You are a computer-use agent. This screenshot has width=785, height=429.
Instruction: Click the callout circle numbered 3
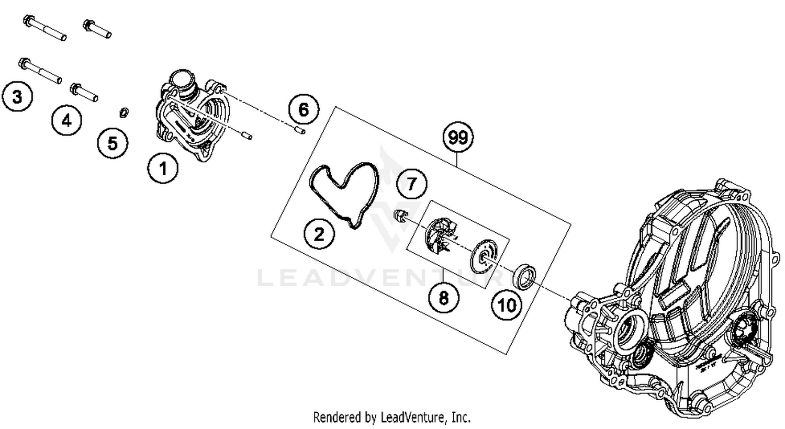[17, 97]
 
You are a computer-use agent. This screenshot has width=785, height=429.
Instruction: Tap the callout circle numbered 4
[66, 121]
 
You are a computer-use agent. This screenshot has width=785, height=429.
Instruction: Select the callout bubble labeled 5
[113, 142]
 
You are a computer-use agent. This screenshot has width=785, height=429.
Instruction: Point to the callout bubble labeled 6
[304, 110]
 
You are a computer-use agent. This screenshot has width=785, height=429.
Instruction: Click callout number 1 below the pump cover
[163, 168]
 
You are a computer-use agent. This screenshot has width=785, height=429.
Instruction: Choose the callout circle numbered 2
[319, 234]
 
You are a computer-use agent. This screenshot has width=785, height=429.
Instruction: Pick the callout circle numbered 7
[412, 184]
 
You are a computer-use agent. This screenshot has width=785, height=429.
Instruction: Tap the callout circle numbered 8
[444, 298]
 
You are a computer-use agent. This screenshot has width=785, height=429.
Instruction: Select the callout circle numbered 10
[507, 305]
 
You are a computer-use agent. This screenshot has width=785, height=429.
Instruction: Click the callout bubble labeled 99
[458, 137]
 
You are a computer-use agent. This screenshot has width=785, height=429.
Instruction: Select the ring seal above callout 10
[525, 276]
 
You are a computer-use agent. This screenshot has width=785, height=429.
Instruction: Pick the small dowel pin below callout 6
[299, 129]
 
